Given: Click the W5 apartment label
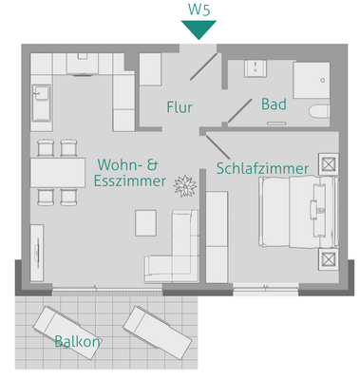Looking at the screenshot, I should click(x=199, y=9).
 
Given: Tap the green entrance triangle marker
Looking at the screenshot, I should click(x=199, y=29).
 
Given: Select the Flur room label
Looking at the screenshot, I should click(x=180, y=106).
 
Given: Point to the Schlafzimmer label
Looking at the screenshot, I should click(x=262, y=169).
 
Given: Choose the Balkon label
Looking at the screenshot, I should click(x=77, y=341).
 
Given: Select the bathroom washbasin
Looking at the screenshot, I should click(x=255, y=70).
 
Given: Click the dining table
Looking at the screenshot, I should click(x=56, y=172).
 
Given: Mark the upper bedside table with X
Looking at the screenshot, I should click(x=329, y=163).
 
